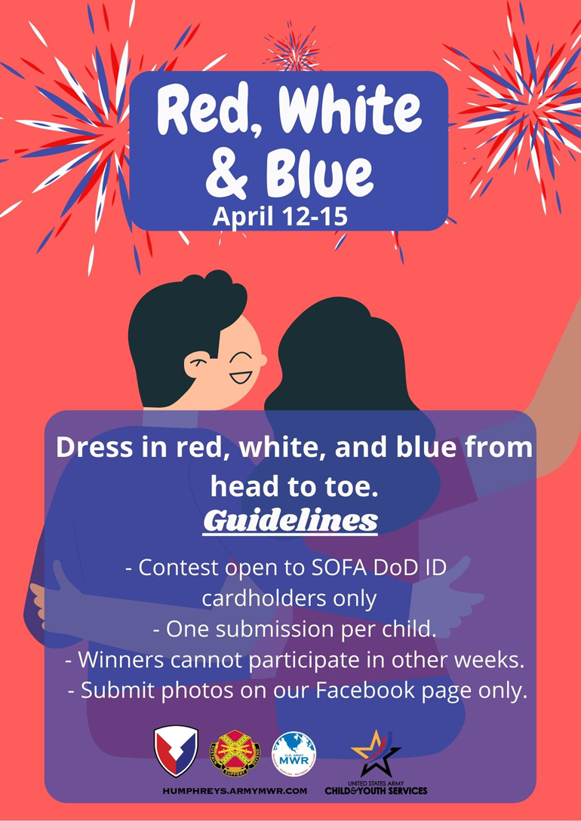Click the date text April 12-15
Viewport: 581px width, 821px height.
tap(280, 216)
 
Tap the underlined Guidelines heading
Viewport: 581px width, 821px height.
tap(290, 521)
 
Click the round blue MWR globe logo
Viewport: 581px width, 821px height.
tap(294, 753)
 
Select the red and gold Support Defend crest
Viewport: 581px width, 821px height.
tap(234, 752)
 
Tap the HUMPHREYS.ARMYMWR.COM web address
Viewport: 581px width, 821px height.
tap(235, 791)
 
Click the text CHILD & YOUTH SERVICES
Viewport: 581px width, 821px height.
tap(377, 790)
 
